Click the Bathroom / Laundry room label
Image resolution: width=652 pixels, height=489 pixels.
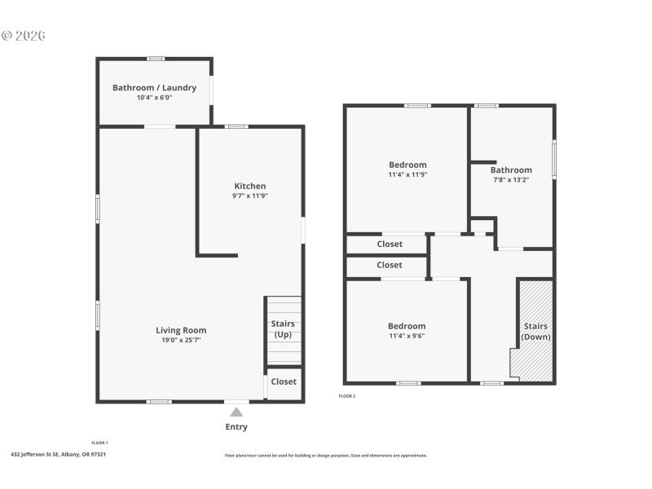pyautogui.click(x=154, y=88)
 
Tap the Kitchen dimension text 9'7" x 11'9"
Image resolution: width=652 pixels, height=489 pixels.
pyautogui.click(x=250, y=196)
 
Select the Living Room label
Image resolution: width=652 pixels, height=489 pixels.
pyautogui.click(x=181, y=330)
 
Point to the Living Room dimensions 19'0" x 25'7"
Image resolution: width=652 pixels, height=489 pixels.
pyautogui.click(x=181, y=340)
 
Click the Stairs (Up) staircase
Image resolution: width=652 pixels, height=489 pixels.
pyautogui.click(x=283, y=329)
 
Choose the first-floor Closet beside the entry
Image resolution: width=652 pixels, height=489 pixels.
pyautogui.click(x=284, y=381)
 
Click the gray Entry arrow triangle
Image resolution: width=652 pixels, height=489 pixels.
pyautogui.click(x=236, y=412)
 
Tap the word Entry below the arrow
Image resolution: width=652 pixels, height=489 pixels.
pyautogui.click(x=236, y=427)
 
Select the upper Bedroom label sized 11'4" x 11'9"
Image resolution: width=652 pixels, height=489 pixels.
pyautogui.click(x=407, y=165)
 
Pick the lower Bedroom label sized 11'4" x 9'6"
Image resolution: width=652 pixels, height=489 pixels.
pyautogui.click(x=407, y=326)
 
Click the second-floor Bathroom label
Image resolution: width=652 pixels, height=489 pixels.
pyautogui.click(x=511, y=170)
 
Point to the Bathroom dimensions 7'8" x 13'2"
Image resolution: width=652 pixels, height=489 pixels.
pyautogui.click(x=511, y=180)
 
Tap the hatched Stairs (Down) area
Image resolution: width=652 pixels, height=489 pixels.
pyautogui.click(x=535, y=331)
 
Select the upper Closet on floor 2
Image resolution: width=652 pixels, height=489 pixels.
pyautogui.click(x=390, y=244)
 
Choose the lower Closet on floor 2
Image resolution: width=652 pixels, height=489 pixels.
pyautogui.click(x=390, y=265)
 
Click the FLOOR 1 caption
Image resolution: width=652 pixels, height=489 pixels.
pyautogui.click(x=99, y=443)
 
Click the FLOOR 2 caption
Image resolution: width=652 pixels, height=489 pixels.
pyautogui.click(x=347, y=396)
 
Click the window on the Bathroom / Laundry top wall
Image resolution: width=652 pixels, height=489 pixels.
pyautogui.click(x=156, y=59)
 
